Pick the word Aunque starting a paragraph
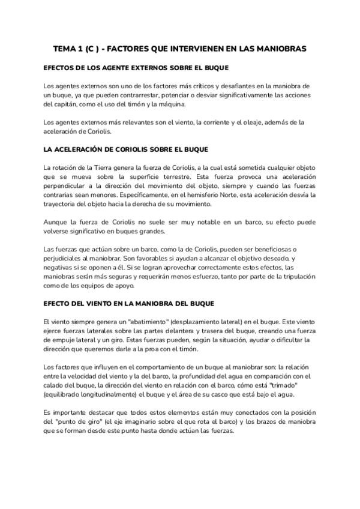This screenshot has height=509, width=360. pos(56,223)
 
